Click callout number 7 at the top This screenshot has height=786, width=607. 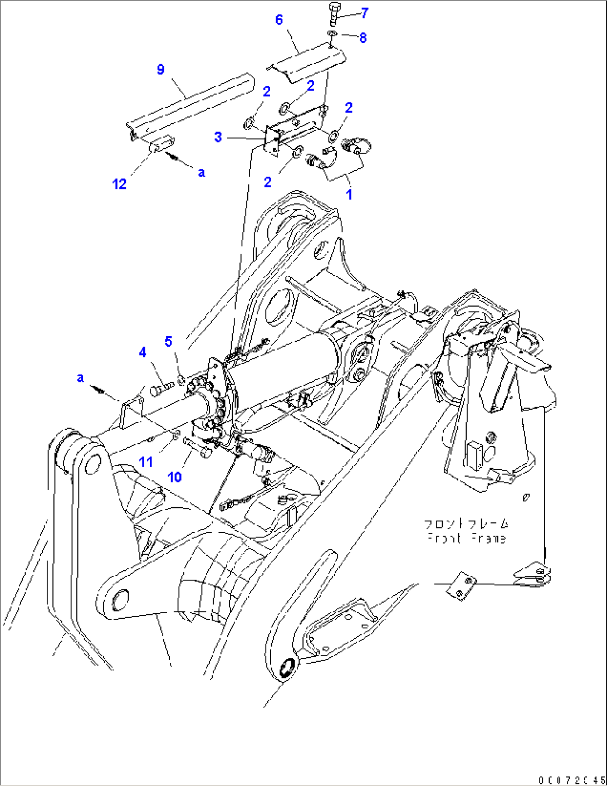point(365,13)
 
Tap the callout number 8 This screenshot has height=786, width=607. point(363,38)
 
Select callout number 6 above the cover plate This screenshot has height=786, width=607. point(279,20)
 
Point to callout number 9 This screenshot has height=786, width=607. point(160,70)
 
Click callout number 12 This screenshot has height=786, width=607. point(119,184)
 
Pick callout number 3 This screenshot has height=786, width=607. point(218,137)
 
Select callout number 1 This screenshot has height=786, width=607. point(349,195)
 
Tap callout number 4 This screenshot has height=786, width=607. point(143,352)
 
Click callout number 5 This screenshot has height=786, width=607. point(168,341)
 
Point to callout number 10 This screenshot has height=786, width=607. point(174,477)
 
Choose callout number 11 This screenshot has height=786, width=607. point(146,462)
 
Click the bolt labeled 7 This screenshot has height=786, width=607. point(335,13)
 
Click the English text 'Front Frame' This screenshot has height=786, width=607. point(467,538)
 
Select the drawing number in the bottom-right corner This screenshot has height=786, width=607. point(571,779)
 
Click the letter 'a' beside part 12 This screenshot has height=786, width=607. point(201,173)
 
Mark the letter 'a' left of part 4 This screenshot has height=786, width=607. point(80,379)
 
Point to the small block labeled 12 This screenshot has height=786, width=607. point(161,147)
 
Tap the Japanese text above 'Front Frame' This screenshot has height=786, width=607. point(467,525)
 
